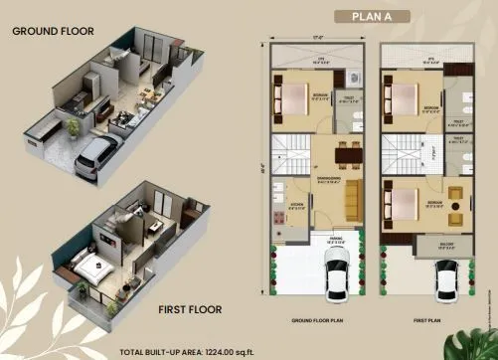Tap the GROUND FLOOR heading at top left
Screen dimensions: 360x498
pyautogui.click(x=54, y=31)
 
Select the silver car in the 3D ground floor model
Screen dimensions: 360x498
pyautogui.click(x=95, y=154)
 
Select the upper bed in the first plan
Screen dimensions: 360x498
pyautogui.click(x=406, y=97)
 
